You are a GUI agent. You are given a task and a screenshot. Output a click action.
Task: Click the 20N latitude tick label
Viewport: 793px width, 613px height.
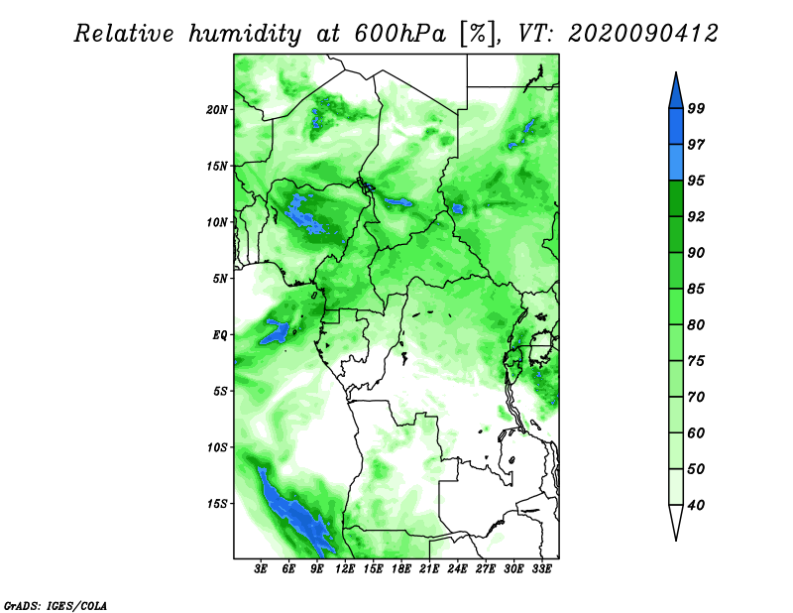pos(217,110)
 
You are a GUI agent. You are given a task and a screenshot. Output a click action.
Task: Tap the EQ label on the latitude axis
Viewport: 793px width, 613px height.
pos(220,335)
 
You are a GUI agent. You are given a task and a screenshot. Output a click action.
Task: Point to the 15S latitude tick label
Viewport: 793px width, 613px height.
pos(217,504)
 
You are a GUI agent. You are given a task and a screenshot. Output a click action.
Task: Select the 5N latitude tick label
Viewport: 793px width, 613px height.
pos(220,279)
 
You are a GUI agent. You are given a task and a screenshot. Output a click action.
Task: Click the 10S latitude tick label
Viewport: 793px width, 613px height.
pos(217,447)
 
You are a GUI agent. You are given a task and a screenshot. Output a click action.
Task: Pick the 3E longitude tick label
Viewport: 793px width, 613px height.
pos(261,569)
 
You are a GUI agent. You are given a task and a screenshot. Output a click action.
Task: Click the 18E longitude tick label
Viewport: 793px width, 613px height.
pos(401,569)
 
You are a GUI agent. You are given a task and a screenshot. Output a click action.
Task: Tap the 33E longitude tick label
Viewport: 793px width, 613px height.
pos(541,569)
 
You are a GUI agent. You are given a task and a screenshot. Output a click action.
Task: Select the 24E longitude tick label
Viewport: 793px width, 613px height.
pos(457,569)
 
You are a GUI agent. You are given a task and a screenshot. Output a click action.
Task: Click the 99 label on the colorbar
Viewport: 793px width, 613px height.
pos(696,108)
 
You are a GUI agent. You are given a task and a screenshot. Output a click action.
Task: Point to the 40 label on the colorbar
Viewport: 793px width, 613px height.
pos(696,505)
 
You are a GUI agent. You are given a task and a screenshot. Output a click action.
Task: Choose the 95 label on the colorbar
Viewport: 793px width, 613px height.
pos(696,181)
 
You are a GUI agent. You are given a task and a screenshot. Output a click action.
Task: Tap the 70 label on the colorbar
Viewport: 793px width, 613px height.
pos(696,397)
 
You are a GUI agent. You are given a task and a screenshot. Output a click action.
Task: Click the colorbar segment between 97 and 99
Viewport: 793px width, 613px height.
pos(676,127)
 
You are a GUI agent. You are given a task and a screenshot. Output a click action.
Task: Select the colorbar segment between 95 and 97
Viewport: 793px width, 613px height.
pos(676,163)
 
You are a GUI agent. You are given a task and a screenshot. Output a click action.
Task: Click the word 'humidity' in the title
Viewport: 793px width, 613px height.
pos(245,35)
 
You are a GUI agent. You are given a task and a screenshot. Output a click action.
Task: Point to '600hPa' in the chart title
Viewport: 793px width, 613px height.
pos(399,34)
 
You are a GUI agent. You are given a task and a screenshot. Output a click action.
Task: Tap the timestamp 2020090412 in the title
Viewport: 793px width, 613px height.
pos(642,34)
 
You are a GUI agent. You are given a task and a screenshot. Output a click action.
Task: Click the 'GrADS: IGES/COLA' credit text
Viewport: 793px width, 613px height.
pos(56,606)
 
